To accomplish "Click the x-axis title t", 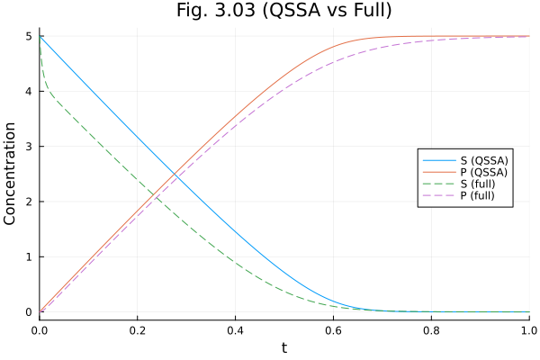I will click(x=283, y=347).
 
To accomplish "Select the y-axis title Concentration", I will click(x=11, y=175).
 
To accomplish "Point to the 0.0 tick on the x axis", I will click(x=40, y=330).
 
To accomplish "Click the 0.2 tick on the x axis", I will click(x=138, y=330).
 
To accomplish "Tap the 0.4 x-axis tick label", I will click(x=235, y=330).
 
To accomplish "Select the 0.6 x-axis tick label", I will click(x=333, y=330).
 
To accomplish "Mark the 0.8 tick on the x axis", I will click(x=431, y=330).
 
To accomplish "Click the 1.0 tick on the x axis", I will click(x=527, y=330).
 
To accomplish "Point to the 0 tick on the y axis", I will click(x=29, y=312).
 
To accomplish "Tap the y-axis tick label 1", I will click(x=29, y=256).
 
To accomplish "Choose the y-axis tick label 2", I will click(x=29, y=202).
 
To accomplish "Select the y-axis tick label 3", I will click(x=29, y=147).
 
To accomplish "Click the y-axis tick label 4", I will click(x=29, y=91).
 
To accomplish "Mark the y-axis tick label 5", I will click(x=29, y=36).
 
